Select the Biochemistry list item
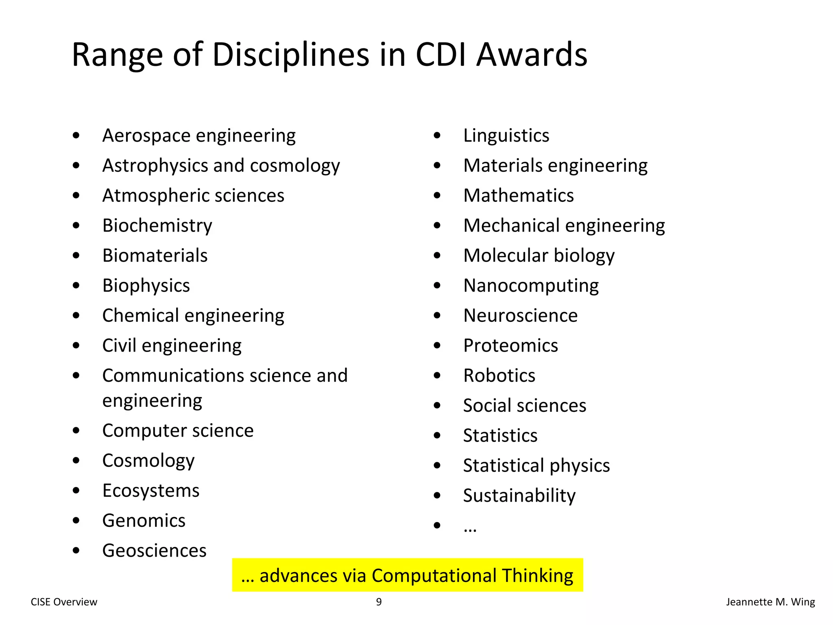point(157,226)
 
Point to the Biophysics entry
point(146,286)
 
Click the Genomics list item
point(144,520)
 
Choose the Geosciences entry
point(154,551)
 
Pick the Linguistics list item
point(506,135)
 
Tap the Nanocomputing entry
point(531,286)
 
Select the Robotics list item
point(499,376)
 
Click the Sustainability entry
point(519,496)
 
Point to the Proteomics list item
point(510,345)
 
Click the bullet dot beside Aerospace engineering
point(76,135)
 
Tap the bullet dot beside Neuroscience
point(437,315)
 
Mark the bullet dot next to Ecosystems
point(76,491)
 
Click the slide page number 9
point(379,602)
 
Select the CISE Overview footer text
point(64,602)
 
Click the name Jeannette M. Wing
point(770,602)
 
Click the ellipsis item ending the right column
point(470,529)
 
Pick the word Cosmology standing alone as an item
point(148,461)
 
